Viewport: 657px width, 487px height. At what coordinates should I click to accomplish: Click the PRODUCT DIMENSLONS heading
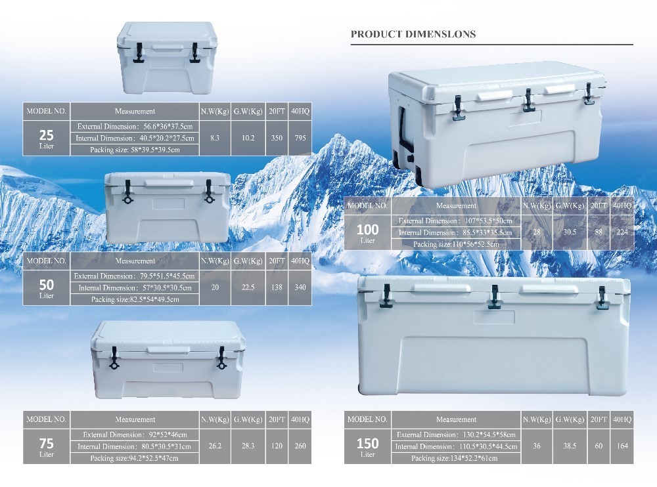413,34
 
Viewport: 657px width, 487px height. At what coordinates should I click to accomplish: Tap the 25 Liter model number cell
46,138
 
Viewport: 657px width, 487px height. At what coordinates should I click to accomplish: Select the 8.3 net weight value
215,138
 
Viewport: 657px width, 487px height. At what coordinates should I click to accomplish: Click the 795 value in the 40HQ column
300,138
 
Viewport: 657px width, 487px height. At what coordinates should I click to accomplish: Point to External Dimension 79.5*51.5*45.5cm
135,276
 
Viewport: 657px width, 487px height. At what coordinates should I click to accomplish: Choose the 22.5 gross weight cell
248,287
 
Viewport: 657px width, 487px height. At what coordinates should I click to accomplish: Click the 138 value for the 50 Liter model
277,287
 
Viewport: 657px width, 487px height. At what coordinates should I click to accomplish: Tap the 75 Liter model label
46,446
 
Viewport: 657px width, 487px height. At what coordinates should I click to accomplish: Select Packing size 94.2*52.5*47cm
135,458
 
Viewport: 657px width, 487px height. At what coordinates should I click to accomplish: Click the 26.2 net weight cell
215,446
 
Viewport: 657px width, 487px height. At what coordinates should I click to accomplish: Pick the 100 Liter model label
367,233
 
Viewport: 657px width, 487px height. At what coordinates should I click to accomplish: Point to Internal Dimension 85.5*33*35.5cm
455,232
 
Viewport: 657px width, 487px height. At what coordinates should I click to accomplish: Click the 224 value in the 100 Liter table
622,232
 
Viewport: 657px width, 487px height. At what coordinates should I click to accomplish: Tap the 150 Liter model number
367,446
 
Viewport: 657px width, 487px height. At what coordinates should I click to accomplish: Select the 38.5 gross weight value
570,446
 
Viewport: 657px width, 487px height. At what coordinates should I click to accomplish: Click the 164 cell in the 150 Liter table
622,446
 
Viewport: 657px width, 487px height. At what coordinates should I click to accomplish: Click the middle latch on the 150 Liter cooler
495,297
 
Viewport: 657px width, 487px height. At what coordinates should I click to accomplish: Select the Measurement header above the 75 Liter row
135,419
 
